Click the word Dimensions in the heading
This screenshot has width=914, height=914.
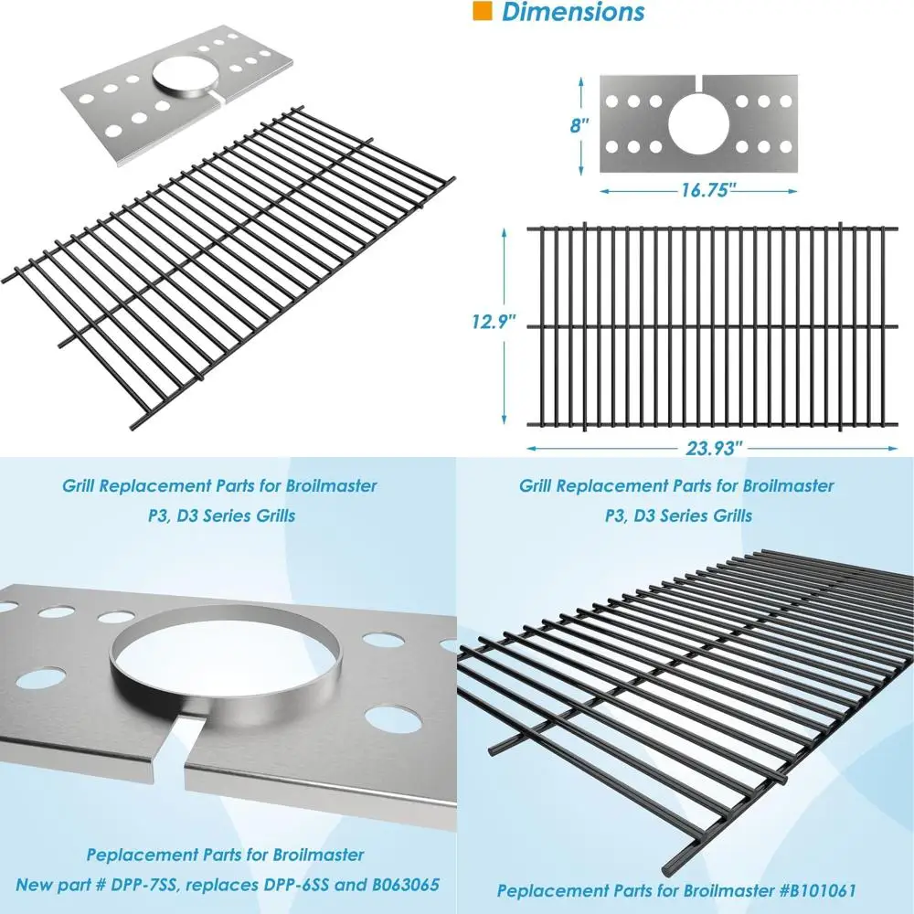coord(573,12)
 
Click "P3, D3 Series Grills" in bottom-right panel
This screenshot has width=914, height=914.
coord(678,515)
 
